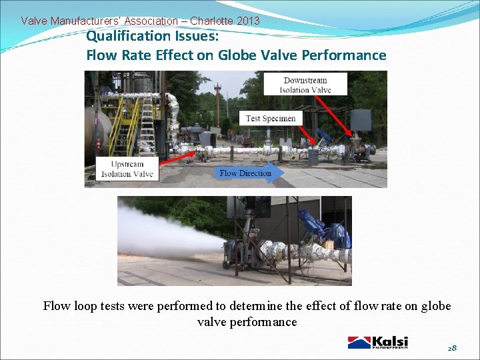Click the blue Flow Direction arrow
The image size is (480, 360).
tap(250, 173)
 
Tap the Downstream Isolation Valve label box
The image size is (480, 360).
tap(305, 85)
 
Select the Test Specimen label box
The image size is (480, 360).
tap(271, 118)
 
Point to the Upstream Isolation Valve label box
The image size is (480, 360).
tap(127, 169)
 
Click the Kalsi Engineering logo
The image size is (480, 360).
tap(377, 342)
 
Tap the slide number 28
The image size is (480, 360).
tap(452, 348)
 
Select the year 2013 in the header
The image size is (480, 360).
tap(248, 21)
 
